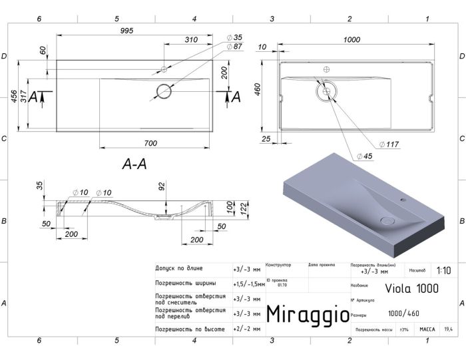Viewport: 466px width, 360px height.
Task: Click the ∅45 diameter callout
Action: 364,156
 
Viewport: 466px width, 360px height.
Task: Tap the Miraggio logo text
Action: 307,313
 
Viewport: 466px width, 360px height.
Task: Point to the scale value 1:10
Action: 444,270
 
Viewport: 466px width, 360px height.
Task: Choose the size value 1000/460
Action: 403,313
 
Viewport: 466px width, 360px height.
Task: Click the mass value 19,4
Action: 448,329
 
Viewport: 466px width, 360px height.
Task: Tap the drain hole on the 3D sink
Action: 385,220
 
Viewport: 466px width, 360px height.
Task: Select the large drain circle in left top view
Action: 164,92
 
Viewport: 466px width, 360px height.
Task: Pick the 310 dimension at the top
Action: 190,40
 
